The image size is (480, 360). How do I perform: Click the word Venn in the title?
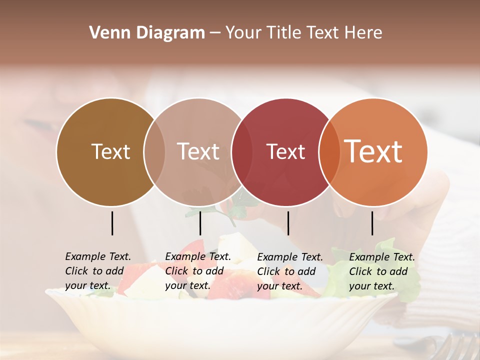[x=105, y=33]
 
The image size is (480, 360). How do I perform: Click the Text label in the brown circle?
[x=110, y=151]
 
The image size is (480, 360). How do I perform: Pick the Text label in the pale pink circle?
[x=198, y=151]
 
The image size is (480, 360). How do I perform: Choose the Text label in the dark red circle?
[x=285, y=152]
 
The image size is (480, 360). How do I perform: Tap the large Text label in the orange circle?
[x=373, y=151]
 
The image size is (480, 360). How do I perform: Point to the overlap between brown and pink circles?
[x=154, y=152]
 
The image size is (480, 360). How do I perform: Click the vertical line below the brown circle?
[x=112, y=223]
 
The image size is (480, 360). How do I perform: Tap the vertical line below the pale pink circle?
[x=200, y=223]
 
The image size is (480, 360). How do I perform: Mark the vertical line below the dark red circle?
[x=288, y=223]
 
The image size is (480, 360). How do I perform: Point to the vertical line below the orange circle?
[x=372, y=223]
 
